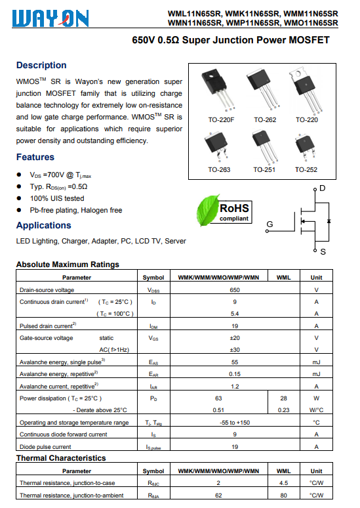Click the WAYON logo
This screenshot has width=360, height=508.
[50, 18]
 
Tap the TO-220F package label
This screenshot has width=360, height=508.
[221, 120]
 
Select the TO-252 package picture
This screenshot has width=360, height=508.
[305, 147]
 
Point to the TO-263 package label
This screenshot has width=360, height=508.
[219, 170]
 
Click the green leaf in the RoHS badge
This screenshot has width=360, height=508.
[207, 210]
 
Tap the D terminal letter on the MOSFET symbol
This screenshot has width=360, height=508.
[323, 188]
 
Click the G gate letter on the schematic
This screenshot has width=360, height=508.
[270, 224]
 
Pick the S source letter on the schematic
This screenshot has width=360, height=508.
[323, 252]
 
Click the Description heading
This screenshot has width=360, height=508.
[41, 65]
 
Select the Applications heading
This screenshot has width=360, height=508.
[44, 225]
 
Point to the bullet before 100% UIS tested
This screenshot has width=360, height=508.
[19, 198]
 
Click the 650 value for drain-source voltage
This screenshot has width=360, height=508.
[235, 290]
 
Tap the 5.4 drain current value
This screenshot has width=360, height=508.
[235, 314]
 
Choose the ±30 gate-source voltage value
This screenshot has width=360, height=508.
[235, 350]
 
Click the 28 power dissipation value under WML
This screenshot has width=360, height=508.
[283, 398]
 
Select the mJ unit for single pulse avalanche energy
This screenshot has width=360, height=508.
[316, 362]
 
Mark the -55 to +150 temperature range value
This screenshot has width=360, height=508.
[235, 423]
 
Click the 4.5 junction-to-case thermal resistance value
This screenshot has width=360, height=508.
[283, 483]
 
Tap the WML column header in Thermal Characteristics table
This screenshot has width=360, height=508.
[283, 471]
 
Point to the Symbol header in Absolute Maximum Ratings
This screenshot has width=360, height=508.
[153, 278]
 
